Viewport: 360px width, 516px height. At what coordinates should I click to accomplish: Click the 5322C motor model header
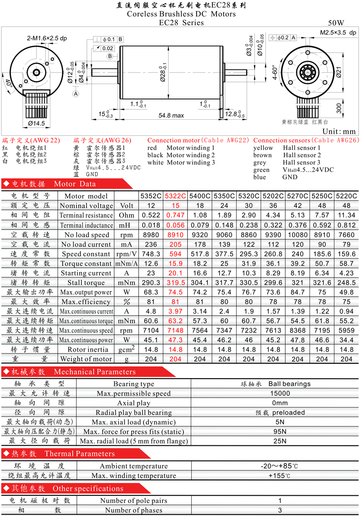pyautogui.click(x=175, y=196)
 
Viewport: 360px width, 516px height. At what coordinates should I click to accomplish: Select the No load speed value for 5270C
pyautogui.click(x=297, y=235)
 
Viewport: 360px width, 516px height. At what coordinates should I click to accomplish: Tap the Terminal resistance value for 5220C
pyautogui.click(x=346, y=215)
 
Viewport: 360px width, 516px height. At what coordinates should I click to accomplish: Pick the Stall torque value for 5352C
pyautogui.click(x=151, y=283)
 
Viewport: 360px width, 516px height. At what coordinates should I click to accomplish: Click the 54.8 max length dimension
pyautogui.click(x=171, y=116)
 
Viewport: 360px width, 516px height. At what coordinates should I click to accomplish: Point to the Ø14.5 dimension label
pyautogui.click(x=36, y=123)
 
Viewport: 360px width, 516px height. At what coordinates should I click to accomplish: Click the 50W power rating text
pyautogui.click(x=336, y=23)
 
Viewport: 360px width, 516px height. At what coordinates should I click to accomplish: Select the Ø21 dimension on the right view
pyautogui.click(x=339, y=72)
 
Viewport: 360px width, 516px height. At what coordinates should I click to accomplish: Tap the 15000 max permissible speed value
pyautogui.click(x=280, y=394)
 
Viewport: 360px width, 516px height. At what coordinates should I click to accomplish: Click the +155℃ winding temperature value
pyautogui.click(x=279, y=475)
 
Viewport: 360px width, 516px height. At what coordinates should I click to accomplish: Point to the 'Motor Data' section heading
pyautogui.click(x=75, y=184)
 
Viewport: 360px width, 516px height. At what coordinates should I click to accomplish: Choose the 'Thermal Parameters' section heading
pyautogui.click(x=80, y=454)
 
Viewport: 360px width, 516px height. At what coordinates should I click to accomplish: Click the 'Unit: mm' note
pyautogui.click(x=339, y=131)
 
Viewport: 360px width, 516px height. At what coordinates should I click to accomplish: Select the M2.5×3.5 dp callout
pyautogui.click(x=338, y=32)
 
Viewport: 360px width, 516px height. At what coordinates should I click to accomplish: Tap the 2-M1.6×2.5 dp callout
pyautogui.click(x=47, y=38)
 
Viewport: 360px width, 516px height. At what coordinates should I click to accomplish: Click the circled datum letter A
pyautogui.click(x=76, y=94)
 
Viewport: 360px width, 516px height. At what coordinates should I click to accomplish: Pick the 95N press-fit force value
pyautogui.click(x=280, y=432)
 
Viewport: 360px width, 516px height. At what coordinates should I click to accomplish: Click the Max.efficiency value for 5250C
pyautogui.click(x=322, y=302)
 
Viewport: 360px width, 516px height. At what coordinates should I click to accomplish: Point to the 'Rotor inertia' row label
pyautogui.click(x=88, y=349)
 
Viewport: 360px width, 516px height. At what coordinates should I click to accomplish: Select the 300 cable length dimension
pyautogui.click(x=339, y=108)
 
